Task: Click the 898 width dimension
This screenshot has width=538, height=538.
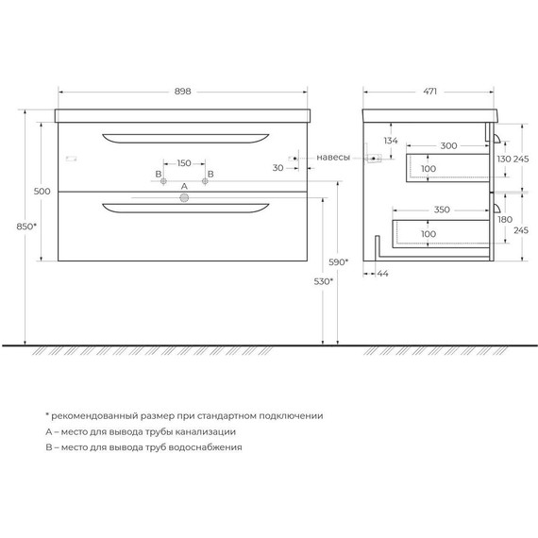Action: tap(182, 92)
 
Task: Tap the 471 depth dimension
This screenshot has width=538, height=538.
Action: tap(429, 92)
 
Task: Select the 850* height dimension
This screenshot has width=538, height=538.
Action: tap(26, 227)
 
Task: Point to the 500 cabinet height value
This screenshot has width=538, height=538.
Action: tap(42, 191)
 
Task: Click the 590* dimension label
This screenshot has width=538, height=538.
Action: tap(338, 262)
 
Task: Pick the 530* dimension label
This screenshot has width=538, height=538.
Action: tap(324, 281)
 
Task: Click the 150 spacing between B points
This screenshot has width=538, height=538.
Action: tap(184, 163)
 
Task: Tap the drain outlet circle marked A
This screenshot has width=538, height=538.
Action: tap(184, 197)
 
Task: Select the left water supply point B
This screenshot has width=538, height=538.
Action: tap(163, 181)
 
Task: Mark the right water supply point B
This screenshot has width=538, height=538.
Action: tap(205, 181)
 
